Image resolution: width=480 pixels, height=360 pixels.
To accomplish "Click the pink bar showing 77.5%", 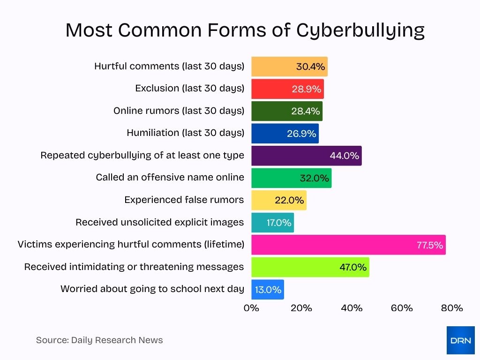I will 348,245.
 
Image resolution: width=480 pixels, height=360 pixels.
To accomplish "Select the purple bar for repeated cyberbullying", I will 306,156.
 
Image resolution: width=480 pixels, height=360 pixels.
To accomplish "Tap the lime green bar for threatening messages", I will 310,267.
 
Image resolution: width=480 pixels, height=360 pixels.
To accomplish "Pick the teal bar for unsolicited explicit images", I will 272,223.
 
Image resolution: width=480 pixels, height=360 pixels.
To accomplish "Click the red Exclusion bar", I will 287,89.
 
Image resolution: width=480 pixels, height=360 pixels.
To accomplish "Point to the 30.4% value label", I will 310,67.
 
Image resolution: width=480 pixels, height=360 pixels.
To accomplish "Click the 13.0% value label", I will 268,290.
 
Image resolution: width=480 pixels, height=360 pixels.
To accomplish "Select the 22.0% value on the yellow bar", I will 289,200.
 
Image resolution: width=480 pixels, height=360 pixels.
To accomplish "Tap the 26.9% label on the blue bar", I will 301,134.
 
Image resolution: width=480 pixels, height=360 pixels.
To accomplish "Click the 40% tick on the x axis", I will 352,308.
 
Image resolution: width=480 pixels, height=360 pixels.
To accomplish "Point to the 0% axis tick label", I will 252,308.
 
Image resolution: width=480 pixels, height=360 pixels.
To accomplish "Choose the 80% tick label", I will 452,308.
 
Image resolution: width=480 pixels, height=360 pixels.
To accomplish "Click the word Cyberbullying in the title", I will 360,30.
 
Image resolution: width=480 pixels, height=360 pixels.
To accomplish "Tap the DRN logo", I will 460,340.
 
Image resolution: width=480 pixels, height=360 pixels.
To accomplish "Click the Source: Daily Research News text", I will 99,340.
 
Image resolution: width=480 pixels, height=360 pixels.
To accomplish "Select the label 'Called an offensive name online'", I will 170,178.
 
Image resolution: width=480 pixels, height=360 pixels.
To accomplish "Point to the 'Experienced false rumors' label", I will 184,200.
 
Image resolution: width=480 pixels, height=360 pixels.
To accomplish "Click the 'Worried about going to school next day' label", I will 152,289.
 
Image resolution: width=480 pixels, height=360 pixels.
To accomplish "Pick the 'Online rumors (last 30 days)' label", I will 179,111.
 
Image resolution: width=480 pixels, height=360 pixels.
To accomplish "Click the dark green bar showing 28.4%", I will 286,111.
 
